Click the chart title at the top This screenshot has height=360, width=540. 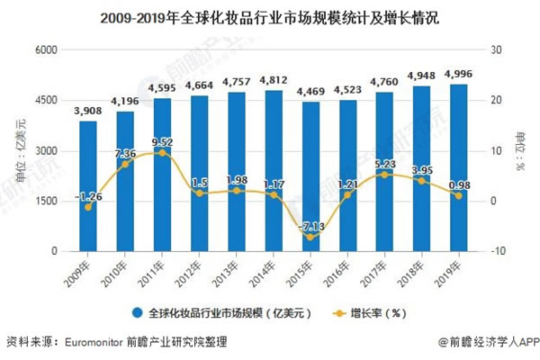[270, 15]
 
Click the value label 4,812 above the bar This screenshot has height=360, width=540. [274, 80]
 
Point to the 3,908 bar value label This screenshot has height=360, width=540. [88, 111]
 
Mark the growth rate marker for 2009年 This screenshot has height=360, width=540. [87, 207]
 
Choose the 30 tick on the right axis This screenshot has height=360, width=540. [496, 49]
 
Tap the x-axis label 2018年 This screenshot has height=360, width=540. [417, 268]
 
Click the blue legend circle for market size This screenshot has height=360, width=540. [137, 313]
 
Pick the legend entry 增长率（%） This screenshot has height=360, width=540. [371, 313]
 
